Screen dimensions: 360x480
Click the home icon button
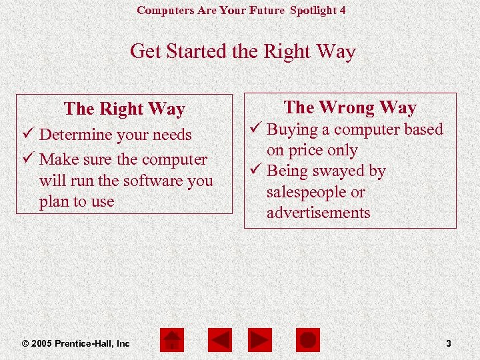coord(173,341)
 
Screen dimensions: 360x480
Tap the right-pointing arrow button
coord(260,341)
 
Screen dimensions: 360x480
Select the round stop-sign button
coord(308,341)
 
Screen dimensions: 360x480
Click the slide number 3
coord(449,343)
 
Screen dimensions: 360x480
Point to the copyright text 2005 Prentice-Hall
coord(76,343)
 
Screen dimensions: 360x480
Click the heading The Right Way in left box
coord(124,109)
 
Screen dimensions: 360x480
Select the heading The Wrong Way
coord(350,107)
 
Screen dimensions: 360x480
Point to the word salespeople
coord(307,193)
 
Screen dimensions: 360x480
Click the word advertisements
coord(318,213)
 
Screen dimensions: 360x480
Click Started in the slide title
coord(197,51)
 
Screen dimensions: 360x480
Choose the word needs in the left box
coord(172,135)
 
